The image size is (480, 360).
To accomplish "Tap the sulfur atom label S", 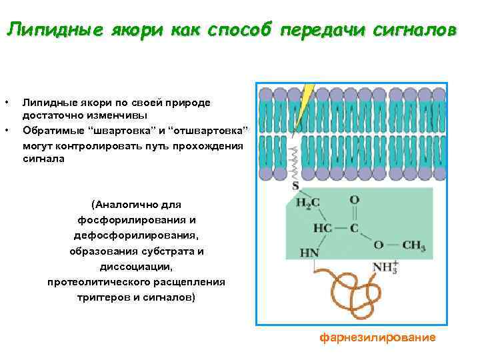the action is click(x=295, y=186).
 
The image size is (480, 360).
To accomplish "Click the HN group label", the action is click(x=309, y=253).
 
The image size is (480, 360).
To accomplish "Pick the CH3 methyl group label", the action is click(x=413, y=246).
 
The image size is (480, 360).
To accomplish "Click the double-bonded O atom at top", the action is click(x=354, y=199).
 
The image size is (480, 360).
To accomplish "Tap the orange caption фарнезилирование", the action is click(x=377, y=337).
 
